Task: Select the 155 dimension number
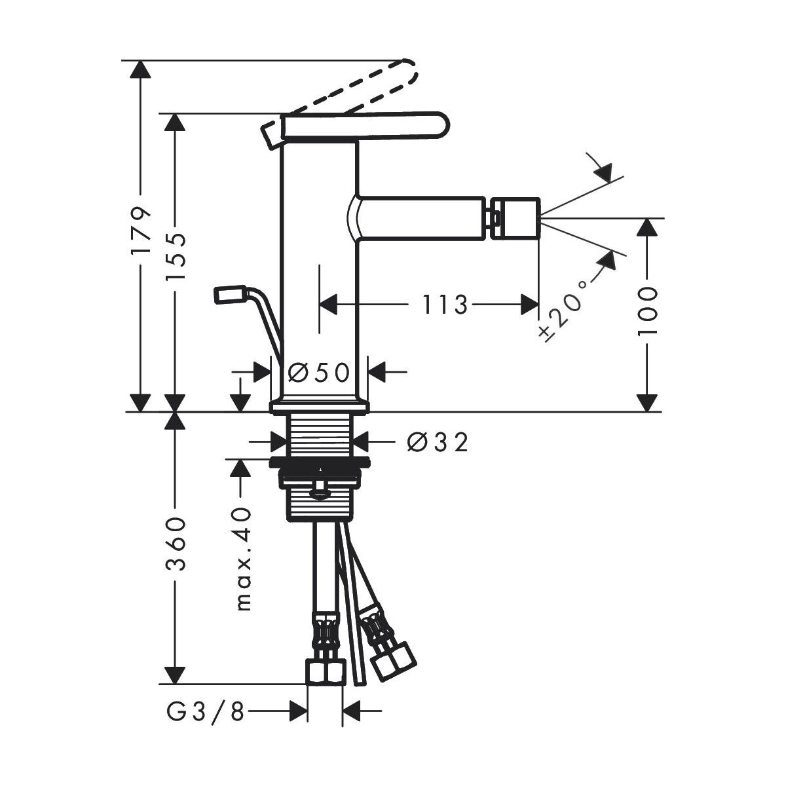176,257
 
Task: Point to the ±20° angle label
564,310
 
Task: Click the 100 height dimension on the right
647,311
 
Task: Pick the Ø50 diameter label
319,372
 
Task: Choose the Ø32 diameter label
438,442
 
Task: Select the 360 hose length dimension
176,544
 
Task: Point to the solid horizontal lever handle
365,127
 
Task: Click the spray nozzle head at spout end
515,218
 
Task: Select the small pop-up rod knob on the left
230,295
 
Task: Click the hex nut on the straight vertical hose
325,670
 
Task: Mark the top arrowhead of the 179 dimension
140,69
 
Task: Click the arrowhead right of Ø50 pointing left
377,372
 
